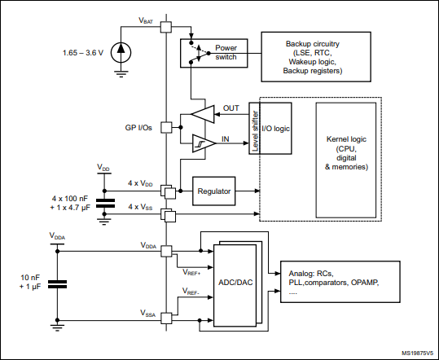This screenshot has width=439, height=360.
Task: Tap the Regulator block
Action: point(214,191)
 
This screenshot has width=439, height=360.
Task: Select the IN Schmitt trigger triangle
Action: point(200,143)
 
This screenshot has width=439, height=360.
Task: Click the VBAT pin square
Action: point(165,27)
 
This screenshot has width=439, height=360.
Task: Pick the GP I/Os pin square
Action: point(165,128)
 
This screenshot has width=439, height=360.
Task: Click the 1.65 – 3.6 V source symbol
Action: point(121,51)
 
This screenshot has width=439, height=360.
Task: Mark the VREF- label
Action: point(192,291)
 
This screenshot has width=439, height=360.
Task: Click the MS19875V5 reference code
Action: point(416,353)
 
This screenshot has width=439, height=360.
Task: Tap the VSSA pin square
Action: point(165,318)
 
